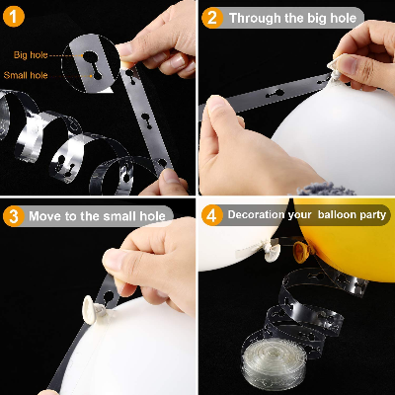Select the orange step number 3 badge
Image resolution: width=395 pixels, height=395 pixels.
click(x=15, y=215)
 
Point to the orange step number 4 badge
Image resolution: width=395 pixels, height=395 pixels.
click(x=211, y=214)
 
